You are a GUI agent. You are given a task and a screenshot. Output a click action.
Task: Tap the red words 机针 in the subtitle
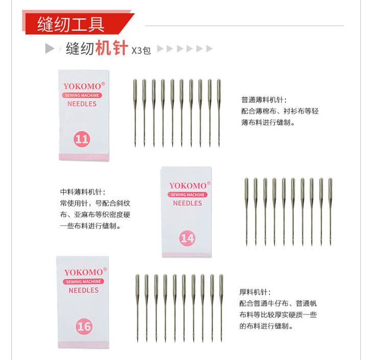tap(112, 48)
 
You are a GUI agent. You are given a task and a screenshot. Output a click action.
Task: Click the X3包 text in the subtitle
tap(141, 50)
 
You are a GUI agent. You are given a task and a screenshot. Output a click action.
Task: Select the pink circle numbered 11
tap(82, 139)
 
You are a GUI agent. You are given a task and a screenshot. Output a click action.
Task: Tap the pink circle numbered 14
tap(188, 238)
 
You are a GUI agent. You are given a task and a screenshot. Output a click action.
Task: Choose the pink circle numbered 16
tap(84, 326)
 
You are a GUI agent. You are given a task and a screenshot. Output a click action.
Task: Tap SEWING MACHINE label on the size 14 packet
tap(188, 194)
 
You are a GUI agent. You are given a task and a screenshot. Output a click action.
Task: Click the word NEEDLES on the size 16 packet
tap(83, 290)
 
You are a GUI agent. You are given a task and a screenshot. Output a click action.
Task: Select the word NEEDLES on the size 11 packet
tap(82, 104)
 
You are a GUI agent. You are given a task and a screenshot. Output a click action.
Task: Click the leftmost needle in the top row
tap(135, 113)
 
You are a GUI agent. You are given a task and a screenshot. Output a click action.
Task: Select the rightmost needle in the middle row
tap(330, 212)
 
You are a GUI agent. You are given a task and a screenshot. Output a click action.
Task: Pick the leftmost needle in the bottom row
tap(137, 308)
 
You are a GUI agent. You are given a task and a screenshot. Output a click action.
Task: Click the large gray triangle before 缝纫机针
tap(50, 49)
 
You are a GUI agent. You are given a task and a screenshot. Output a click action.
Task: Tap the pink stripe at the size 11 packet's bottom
tap(84, 157)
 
